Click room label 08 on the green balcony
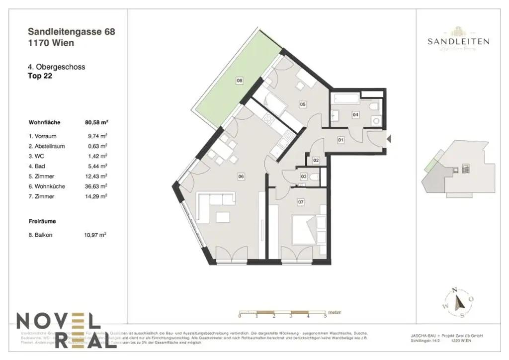pos(239,81)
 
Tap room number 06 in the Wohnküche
pos(241,176)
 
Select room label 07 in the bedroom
pos(300,202)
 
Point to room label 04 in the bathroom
pos(355,114)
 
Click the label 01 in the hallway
pos(341,140)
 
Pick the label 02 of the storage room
pos(316,160)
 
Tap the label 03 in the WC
pos(303,177)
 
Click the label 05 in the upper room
pos(302,104)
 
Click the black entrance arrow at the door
pos(389,140)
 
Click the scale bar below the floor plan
pos(282,314)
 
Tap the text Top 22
pos(40,77)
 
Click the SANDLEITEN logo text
pos(458,42)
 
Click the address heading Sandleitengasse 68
pos(72,32)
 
